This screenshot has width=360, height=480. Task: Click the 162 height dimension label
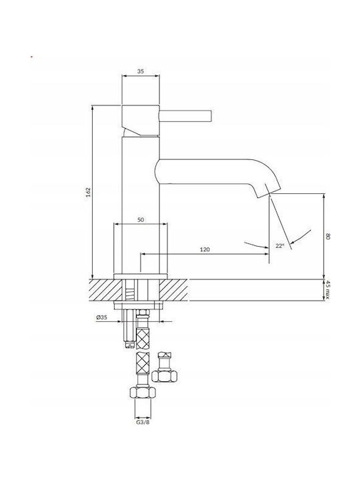pos(89,192)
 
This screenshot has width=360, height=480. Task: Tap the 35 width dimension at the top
pos(141,71)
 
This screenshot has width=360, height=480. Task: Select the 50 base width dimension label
pos(141,220)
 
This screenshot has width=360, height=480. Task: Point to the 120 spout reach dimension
pos(205,249)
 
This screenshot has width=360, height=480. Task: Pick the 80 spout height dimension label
pos(328,236)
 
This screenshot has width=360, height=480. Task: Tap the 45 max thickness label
pos(327,290)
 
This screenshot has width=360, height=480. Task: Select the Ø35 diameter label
pos(101,317)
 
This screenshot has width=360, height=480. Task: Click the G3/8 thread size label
pos(143,423)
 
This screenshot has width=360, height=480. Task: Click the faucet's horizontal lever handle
pos(185,116)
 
